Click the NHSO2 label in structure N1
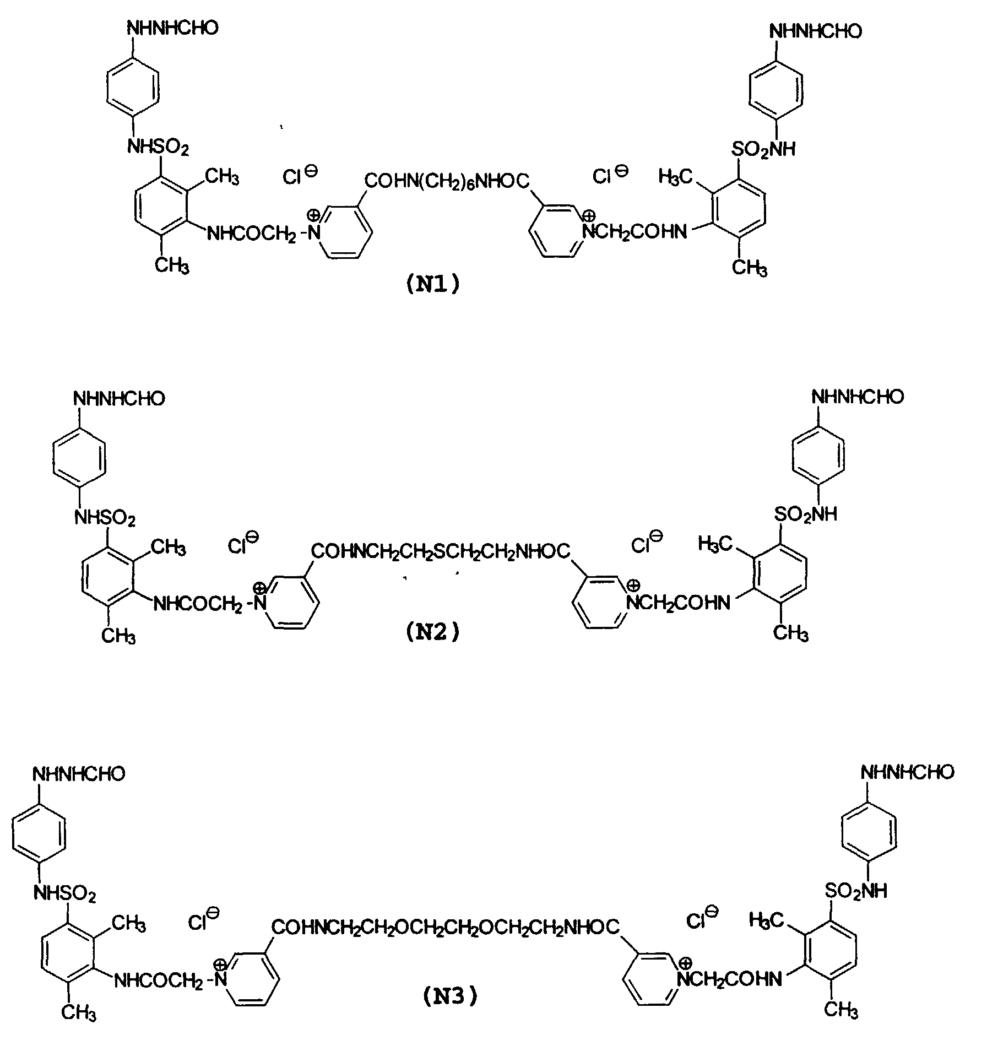coord(158,147)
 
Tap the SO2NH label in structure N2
coord(805,514)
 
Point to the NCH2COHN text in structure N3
coord(733,979)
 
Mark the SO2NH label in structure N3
coord(856,891)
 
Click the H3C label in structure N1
coord(675,177)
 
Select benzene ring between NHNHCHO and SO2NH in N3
coord(869,828)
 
